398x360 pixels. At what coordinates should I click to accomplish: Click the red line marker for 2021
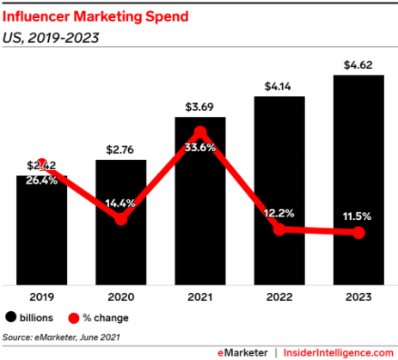200,132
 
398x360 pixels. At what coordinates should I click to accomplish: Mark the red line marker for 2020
121,219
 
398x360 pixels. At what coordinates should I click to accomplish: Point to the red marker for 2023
358,233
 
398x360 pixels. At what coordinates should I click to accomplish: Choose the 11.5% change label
358,215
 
